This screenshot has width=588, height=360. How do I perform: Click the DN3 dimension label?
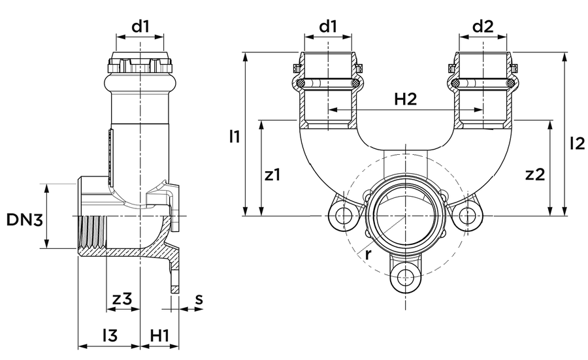25,220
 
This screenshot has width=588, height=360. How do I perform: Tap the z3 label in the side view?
122,299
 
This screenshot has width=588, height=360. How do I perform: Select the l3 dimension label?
110,335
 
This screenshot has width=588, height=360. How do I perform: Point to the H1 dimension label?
160,335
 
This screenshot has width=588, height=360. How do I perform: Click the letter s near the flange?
199,299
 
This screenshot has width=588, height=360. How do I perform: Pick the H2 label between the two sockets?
405,99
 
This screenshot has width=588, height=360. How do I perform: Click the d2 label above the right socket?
483,26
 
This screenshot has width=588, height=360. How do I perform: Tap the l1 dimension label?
235,136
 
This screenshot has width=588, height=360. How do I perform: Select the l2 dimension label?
577,143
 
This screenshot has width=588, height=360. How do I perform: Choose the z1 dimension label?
272,174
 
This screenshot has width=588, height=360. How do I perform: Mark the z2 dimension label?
534,174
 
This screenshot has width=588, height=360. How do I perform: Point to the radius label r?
368,255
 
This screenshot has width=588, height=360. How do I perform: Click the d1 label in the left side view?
140,26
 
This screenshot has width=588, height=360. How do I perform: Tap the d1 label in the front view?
328,26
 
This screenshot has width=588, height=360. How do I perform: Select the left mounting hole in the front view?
342,216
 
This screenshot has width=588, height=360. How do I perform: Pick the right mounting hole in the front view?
467,216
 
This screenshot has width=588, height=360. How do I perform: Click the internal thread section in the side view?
93,233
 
